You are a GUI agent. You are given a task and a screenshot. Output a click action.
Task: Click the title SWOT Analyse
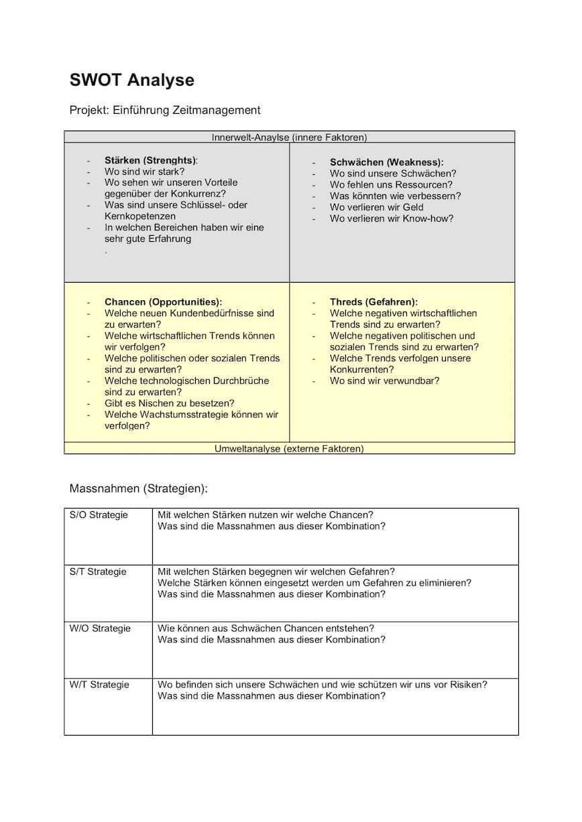coord(132,80)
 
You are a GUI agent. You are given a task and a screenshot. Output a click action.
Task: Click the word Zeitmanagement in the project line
coord(217,110)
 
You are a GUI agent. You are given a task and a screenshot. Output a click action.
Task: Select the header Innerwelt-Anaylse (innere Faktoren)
coord(289,137)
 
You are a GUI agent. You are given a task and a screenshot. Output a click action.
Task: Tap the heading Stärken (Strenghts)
coord(151,160)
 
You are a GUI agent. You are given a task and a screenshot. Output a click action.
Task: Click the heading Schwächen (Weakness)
coord(386,162)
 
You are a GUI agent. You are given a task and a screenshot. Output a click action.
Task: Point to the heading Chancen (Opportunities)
coord(163,302)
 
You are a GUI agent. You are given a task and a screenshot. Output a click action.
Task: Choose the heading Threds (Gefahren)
coord(373,302)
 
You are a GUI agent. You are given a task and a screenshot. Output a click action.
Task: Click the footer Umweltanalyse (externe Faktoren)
coord(289,448)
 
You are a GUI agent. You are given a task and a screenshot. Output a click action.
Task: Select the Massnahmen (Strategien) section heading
coord(139,488)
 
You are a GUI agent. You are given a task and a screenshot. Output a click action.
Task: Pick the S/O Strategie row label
coord(99,515)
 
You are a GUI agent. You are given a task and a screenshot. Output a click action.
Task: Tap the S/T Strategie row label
coord(98,571)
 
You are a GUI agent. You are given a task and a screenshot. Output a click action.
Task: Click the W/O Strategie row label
coord(100,628)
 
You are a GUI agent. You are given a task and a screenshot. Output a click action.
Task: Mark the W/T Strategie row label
coord(99,685)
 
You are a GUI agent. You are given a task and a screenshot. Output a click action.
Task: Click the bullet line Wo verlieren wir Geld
coord(376,207)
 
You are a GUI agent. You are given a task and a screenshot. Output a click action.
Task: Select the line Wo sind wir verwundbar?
coord(384,381)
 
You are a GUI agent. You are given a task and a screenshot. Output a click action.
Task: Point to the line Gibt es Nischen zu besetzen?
coord(169,403)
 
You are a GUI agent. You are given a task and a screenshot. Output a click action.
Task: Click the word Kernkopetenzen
coord(140,216)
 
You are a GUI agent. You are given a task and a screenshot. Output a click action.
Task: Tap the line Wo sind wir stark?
coord(144,172)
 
